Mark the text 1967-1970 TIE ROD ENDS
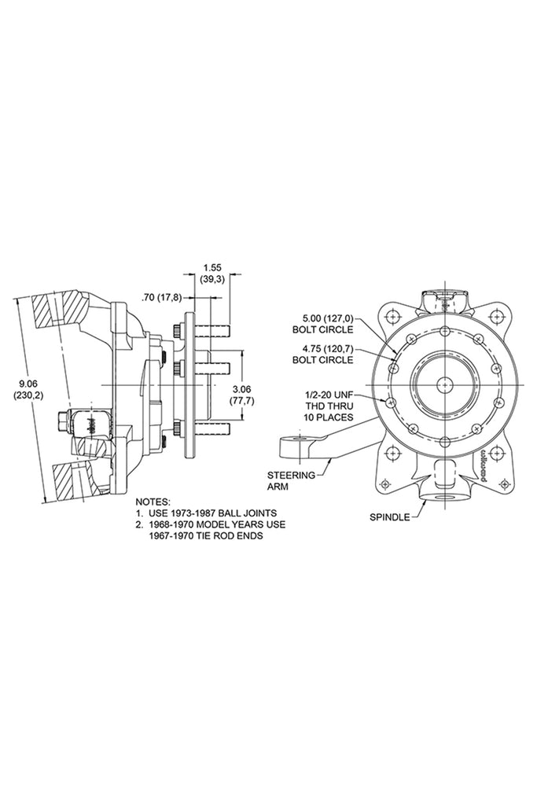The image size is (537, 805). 206,535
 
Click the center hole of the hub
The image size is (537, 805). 443,384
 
